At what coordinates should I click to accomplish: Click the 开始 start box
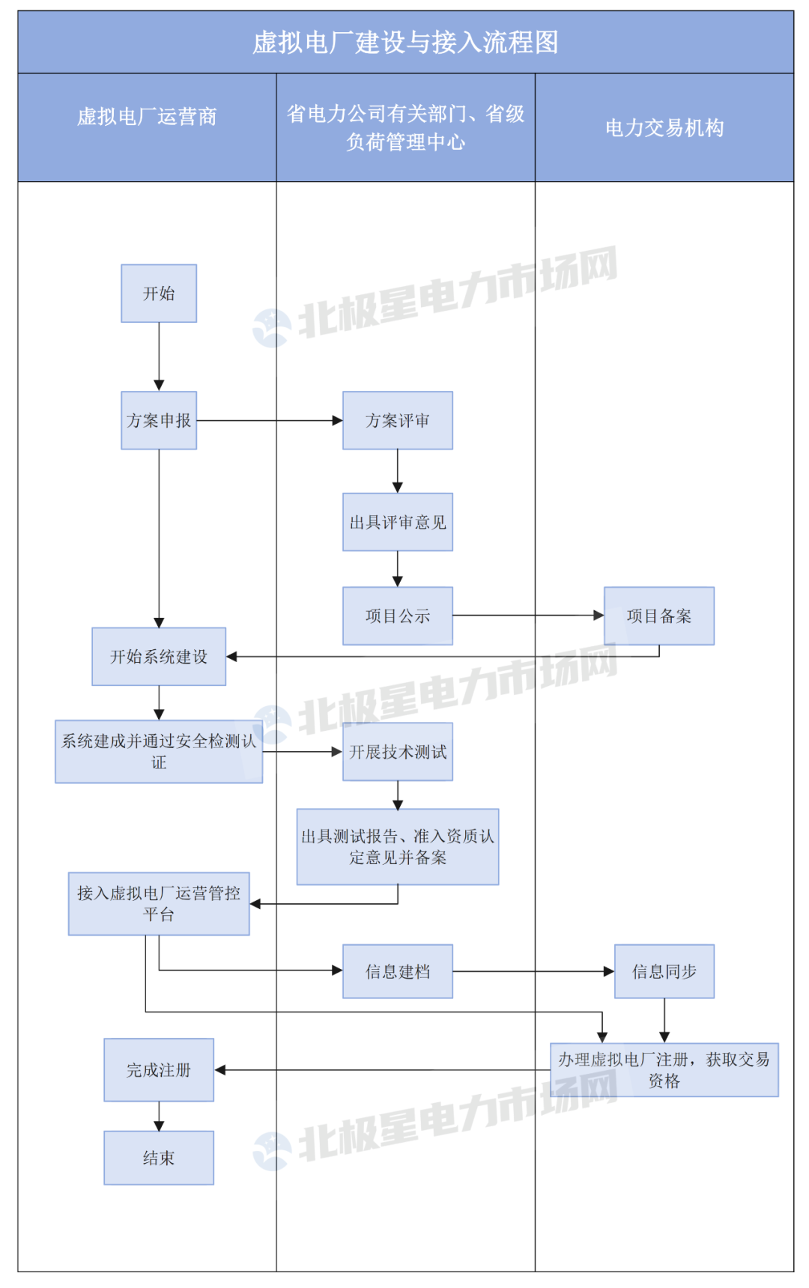pyautogui.click(x=159, y=294)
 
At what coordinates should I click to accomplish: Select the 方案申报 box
pyautogui.click(x=159, y=421)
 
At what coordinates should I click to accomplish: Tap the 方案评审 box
pyautogui.click(x=398, y=421)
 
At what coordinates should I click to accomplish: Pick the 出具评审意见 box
pyautogui.click(x=398, y=522)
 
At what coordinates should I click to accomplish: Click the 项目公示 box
pyautogui.click(x=398, y=616)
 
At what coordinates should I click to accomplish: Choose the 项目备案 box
pyautogui.click(x=659, y=616)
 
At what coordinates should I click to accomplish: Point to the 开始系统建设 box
pyautogui.click(x=159, y=657)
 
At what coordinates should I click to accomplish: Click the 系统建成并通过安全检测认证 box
pyautogui.click(x=159, y=752)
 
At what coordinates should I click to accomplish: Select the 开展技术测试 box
pyautogui.click(x=398, y=752)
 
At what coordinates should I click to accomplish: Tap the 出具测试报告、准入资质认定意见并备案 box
pyautogui.click(x=398, y=847)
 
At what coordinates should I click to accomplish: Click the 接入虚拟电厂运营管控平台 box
pyautogui.click(x=159, y=904)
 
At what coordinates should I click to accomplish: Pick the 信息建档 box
pyautogui.click(x=398, y=971)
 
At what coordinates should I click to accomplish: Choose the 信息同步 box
pyautogui.click(x=664, y=971)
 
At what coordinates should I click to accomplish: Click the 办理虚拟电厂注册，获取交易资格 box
pyautogui.click(x=664, y=1070)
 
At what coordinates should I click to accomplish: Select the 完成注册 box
pyautogui.click(x=159, y=1070)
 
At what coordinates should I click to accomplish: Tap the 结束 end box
pyautogui.click(x=159, y=1158)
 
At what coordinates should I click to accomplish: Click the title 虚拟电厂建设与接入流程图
pyautogui.click(x=405, y=42)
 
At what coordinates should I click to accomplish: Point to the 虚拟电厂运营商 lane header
pyautogui.click(x=147, y=117)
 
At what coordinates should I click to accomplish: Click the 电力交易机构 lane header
pyautogui.click(x=664, y=128)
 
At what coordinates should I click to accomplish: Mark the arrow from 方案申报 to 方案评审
pyautogui.click(x=270, y=421)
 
